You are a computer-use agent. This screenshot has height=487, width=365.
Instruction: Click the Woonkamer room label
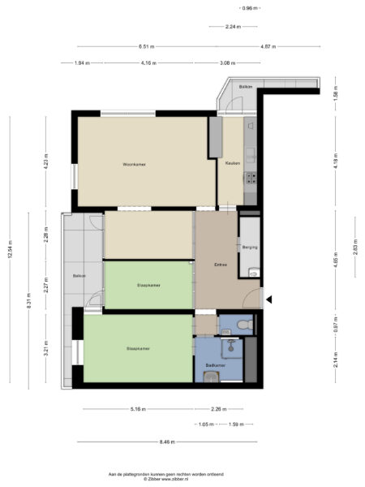(x=133, y=164)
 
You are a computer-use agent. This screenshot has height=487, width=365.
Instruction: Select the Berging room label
(x=250, y=247)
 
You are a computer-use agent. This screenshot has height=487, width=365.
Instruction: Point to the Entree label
(x=220, y=265)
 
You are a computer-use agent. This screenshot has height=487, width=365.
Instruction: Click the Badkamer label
(x=214, y=365)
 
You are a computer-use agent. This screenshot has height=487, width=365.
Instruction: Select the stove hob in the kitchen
(x=251, y=178)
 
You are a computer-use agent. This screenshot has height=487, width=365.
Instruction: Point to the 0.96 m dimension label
(x=250, y=8)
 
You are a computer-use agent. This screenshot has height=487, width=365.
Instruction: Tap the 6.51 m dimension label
(x=147, y=46)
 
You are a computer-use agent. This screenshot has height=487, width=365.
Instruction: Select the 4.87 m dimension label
(x=268, y=46)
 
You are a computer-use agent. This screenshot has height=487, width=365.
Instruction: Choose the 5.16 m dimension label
(x=137, y=408)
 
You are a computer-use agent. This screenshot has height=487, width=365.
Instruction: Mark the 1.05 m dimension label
(x=204, y=425)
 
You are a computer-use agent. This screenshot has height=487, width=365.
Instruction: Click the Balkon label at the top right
(x=245, y=87)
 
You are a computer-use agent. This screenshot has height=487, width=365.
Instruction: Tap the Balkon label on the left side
(x=79, y=276)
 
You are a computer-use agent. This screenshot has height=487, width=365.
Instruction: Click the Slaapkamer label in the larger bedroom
(x=138, y=349)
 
